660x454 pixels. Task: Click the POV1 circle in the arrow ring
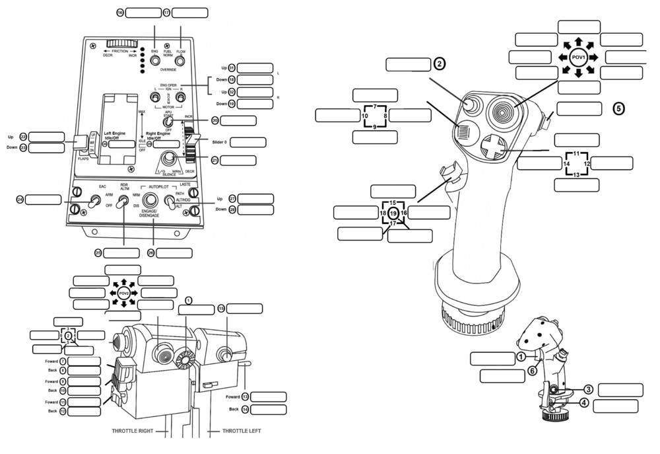[578, 57]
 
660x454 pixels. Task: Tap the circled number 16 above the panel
[119, 13]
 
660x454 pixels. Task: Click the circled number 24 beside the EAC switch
[20, 199]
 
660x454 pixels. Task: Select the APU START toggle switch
[168, 122]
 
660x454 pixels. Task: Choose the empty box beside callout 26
[174, 252]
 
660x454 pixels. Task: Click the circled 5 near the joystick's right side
[618, 108]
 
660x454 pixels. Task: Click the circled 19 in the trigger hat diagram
[393, 213]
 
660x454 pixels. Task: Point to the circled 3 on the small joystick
[587, 390]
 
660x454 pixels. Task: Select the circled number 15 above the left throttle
[221, 308]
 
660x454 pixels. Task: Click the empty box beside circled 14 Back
[269, 409]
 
